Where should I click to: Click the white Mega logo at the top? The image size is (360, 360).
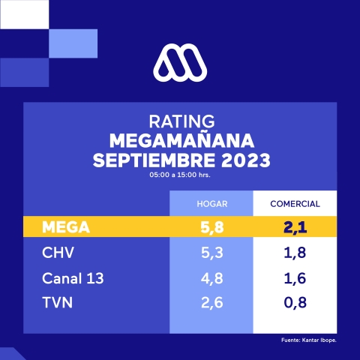tap(179, 62)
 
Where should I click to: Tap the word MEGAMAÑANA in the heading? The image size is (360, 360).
tap(180, 142)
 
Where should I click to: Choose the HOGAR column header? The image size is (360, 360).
tap(212, 204)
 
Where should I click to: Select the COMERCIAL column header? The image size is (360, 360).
tap(295, 204)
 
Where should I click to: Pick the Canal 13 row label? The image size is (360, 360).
tap(72, 278)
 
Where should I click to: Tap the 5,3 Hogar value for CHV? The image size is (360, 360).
tap(212, 253)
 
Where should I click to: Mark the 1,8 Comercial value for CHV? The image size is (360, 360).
tap(295, 253)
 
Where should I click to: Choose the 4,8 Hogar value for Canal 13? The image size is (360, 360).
tap(212, 278)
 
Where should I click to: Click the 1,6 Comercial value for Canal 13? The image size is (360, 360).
tap(295, 278)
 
